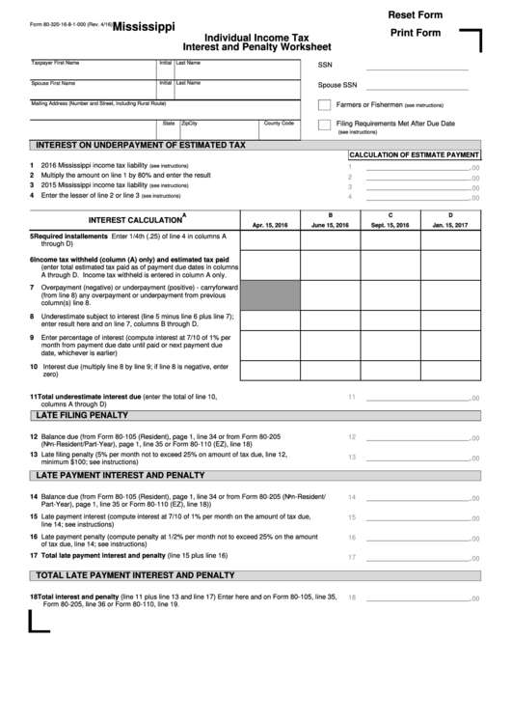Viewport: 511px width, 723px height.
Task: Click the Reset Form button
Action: click(x=415, y=14)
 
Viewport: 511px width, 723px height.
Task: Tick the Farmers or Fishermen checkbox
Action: click(x=325, y=104)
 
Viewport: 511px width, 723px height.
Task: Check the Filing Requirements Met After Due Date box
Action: click(x=325, y=125)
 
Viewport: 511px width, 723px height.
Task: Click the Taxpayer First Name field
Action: click(x=93, y=69)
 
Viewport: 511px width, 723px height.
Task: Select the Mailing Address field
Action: click(x=93, y=108)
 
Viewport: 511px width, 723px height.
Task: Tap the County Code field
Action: click(x=285, y=128)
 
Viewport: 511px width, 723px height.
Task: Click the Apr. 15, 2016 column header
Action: click(x=270, y=225)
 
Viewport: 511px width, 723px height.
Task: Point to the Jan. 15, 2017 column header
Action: click(x=449, y=225)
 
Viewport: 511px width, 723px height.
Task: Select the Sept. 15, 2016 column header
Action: click(x=390, y=225)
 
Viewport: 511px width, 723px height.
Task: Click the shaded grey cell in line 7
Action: click(x=270, y=295)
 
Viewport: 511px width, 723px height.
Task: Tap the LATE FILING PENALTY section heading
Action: click(x=82, y=415)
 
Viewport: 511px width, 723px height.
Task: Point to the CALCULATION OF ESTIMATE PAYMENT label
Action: click(x=414, y=154)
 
